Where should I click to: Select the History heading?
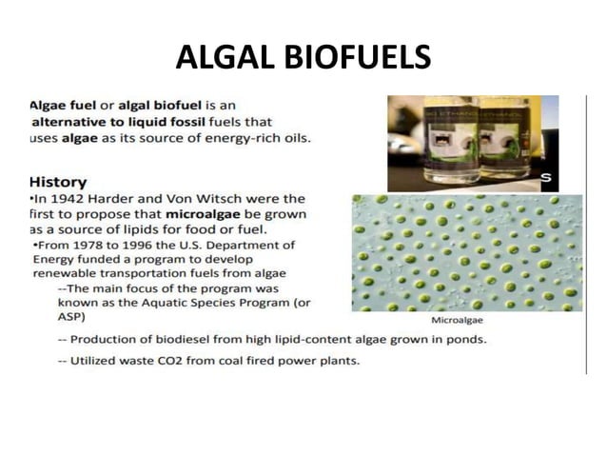tap(58, 182)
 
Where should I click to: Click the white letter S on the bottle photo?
tap(546, 178)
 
